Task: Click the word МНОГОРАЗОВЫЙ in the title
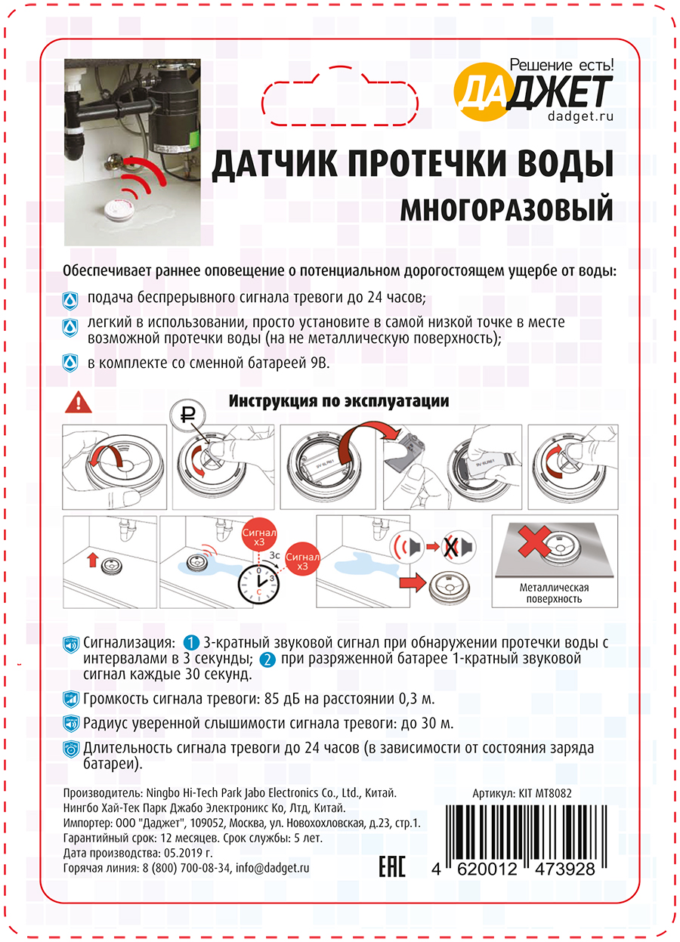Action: pos(506,208)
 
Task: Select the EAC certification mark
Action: pos(391,868)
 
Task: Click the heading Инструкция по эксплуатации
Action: pos(338,401)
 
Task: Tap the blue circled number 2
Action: pos(267,660)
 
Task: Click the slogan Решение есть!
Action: pos(562,65)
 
